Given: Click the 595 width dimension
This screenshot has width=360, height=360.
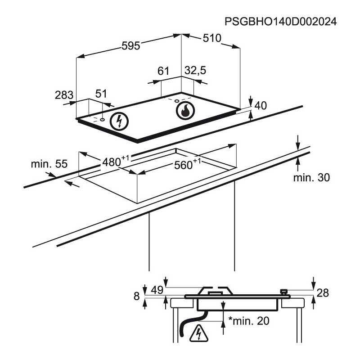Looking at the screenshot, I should [131, 45].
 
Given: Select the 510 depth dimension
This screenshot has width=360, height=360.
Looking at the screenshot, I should [211, 38].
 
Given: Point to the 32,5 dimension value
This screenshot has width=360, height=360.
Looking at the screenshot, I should [195, 71].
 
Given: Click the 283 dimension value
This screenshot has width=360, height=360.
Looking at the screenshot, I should [63, 95].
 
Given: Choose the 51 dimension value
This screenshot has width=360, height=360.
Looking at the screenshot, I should [102, 94].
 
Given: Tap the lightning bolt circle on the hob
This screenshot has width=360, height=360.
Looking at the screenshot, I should [119, 120].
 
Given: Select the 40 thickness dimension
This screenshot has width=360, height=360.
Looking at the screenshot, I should [261, 106].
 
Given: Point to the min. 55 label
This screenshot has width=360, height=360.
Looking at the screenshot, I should [49, 164].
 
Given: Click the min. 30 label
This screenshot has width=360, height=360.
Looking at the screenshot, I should [311, 178].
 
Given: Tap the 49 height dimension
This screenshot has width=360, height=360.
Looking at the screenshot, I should [157, 290].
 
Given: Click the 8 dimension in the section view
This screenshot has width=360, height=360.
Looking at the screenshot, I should [136, 296].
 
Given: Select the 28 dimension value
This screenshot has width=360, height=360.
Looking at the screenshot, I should [322, 293].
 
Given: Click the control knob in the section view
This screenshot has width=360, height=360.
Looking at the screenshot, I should [284, 292].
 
